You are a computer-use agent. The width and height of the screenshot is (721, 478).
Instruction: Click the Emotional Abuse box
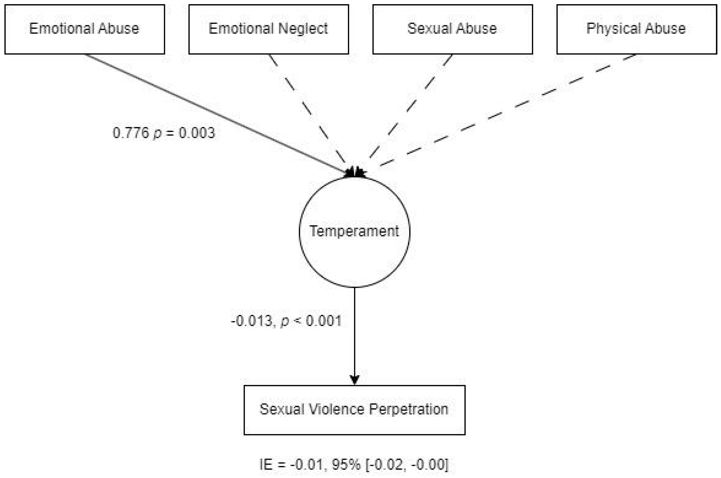click(x=84, y=29)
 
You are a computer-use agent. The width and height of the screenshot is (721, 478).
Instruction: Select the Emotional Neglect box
click(x=268, y=29)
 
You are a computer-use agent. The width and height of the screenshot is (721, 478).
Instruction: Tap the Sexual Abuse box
click(x=452, y=29)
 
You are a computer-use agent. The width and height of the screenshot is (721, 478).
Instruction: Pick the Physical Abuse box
click(x=636, y=29)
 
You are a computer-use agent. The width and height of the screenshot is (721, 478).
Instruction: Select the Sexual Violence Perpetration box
click(x=354, y=410)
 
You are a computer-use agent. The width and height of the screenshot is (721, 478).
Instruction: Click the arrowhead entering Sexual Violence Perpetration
click(x=354, y=380)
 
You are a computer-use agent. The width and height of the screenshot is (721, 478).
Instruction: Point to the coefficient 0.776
click(x=130, y=133)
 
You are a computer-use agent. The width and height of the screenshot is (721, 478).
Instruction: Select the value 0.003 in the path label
click(x=197, y=133)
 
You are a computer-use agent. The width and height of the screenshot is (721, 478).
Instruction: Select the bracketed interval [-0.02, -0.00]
click(x=407, y=464)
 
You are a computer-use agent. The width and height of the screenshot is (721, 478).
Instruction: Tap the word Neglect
click(x=303, y=29)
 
